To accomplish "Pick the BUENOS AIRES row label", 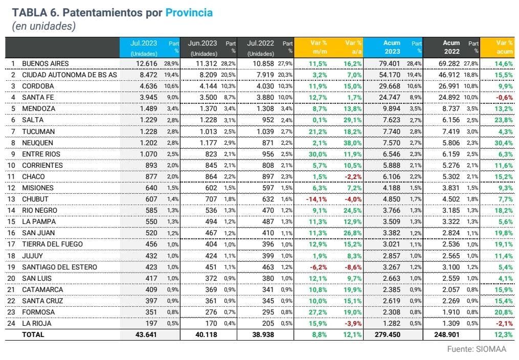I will pos(45,63).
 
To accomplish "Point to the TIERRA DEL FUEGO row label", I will pos(52,244).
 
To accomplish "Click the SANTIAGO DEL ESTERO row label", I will pos(59,267).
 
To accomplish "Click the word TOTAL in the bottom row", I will pos(33,334).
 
